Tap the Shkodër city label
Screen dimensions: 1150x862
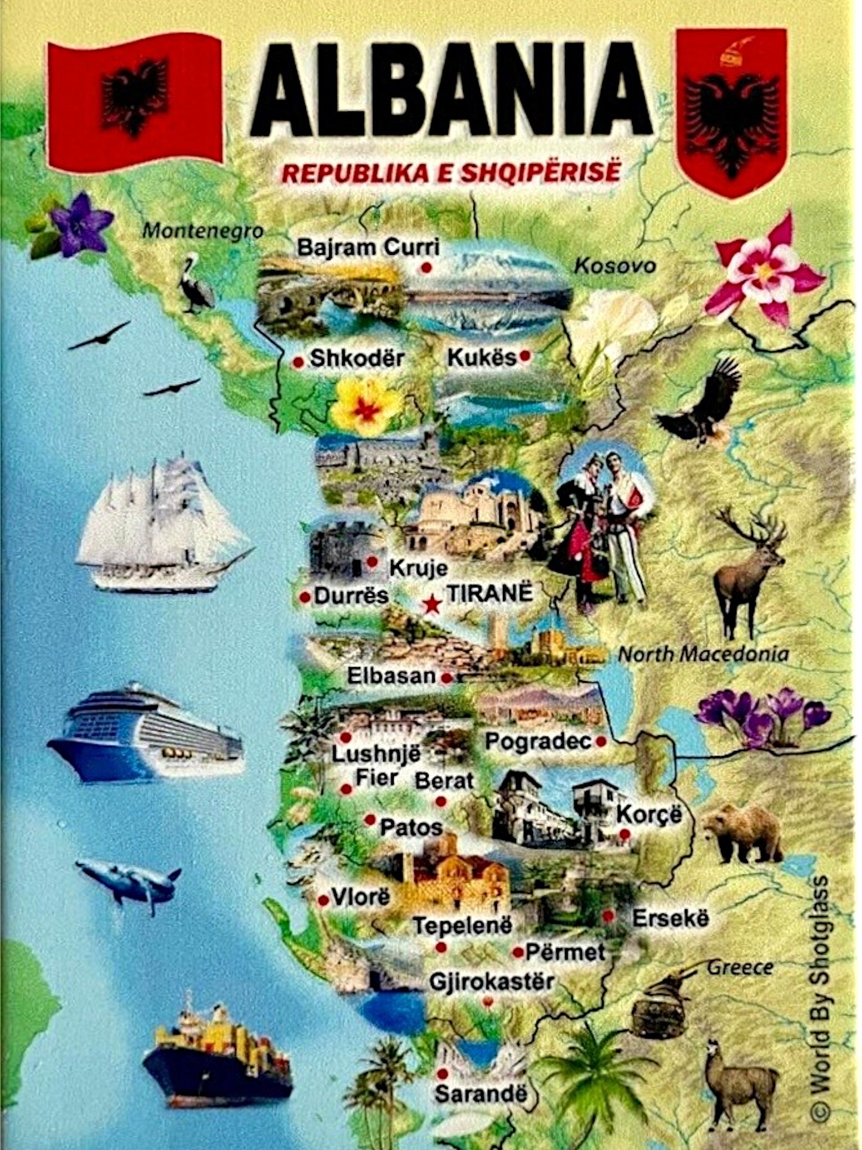[357, 359]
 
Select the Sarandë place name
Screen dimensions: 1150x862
[481, 1093]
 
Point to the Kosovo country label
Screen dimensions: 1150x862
[614, 266]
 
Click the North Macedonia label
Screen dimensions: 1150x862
[703, 654]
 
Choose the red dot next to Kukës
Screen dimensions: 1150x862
[525, 356]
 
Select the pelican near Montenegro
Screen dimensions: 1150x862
[195, 283]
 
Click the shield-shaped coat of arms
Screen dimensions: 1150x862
[731, 110]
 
